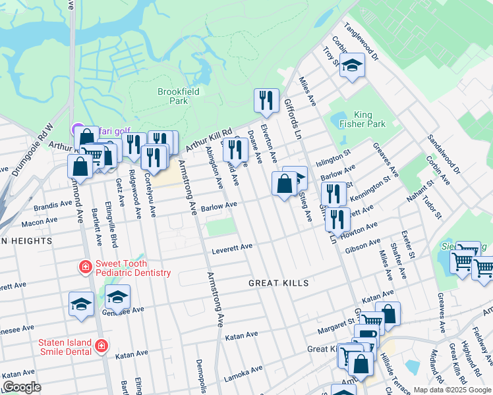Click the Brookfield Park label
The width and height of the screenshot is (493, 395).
[173, 97]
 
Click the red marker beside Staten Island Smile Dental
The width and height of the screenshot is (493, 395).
[101, 346]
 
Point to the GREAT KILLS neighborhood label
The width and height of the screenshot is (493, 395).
[278, 283]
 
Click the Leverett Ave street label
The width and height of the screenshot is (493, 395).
[232, 248]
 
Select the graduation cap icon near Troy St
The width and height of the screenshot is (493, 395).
[353, 65]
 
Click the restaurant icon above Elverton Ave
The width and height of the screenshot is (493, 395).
[266, 101]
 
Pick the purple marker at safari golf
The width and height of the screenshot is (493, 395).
[77, 130]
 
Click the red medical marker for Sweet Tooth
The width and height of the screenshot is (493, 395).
[85, 267]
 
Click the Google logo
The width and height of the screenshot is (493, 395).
[22, 387]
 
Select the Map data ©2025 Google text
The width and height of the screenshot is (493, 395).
[452, 390]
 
